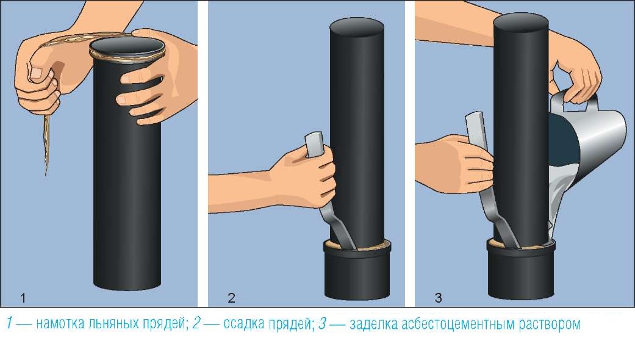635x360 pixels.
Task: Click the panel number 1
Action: pos(23,298)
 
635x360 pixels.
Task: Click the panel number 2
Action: pos(231,298)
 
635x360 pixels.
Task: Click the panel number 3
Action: pos(438,298)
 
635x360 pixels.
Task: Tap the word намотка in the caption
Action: pos(60,324)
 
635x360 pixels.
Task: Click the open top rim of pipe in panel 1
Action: pos(127,48)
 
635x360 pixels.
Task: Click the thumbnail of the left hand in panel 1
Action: pos(36,73)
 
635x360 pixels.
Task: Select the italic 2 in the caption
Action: pos(196,324)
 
